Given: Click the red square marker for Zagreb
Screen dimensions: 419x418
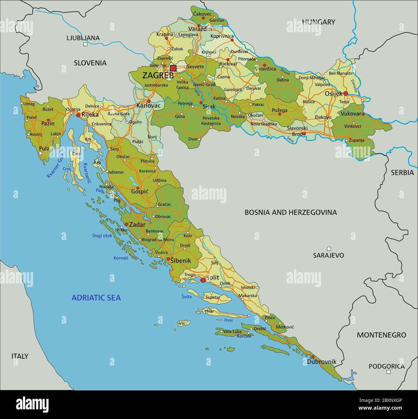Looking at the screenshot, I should click(173, 68).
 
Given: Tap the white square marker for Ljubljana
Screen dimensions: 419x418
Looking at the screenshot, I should click(85, 44).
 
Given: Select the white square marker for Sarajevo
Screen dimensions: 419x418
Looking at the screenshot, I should click(329, 249).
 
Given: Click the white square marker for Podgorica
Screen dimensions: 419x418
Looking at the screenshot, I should click(388, 372).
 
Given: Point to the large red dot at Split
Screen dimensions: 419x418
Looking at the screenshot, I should click(203, 280).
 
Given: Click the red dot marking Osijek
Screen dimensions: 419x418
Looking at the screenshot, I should click(346, 93).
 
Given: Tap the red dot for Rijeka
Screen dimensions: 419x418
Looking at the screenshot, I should click(78, 115).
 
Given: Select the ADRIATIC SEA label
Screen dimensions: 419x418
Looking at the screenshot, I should click(96, 298).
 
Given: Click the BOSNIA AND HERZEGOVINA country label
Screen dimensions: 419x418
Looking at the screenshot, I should click(291, 212).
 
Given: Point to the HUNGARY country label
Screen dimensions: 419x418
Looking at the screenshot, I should click(318, 22).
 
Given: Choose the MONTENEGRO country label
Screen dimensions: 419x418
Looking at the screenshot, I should click(381, 335).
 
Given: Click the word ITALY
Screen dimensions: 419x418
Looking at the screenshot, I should click(20, 356).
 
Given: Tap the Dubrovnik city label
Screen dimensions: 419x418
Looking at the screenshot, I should click(322, 362).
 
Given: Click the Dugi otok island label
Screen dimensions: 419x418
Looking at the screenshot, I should click(102, 236).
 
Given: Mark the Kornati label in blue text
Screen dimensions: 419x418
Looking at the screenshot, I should click(121, 258).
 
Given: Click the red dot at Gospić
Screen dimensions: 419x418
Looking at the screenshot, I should click(138, 188).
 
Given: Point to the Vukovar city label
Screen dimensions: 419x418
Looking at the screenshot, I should click(351, 114).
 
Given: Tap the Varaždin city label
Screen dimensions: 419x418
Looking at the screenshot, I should click(200, 29).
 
